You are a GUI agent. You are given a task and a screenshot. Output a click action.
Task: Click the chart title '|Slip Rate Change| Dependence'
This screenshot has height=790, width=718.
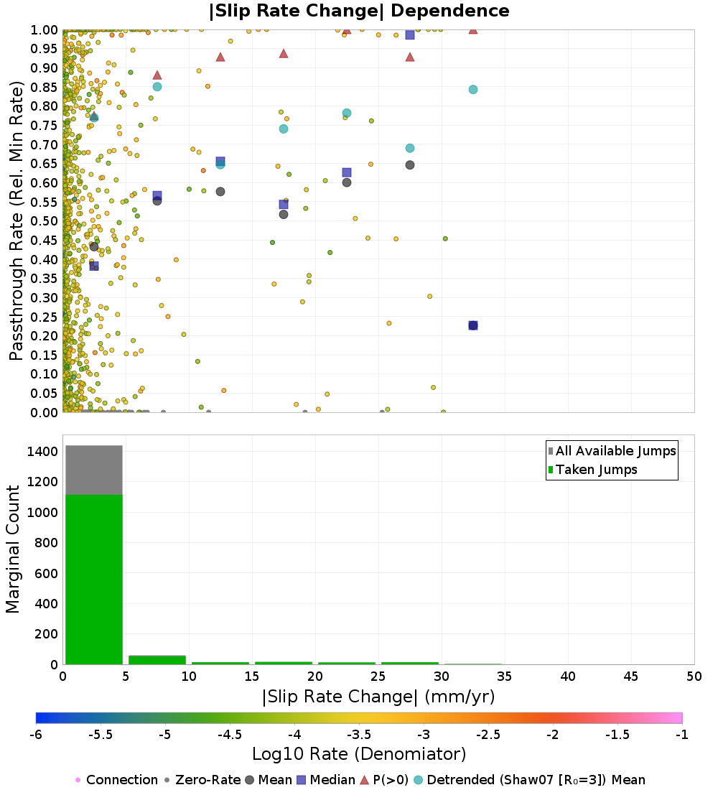[359, 11]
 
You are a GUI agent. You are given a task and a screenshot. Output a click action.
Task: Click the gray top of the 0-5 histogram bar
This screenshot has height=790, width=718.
[94, 470]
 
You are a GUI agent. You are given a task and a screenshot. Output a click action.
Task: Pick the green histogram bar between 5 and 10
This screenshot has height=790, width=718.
[157, 660]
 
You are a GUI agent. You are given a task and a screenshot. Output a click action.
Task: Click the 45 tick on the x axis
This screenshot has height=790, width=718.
[631, 676]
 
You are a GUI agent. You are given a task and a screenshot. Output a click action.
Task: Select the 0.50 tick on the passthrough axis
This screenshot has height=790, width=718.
[45, 221]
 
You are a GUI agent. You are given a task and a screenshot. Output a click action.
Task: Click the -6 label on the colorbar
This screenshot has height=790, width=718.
[36, 734]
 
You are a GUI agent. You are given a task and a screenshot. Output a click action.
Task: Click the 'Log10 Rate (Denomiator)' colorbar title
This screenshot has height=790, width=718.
[359, 754]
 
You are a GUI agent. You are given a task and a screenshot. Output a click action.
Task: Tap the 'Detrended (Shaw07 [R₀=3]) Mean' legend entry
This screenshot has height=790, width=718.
[536, 780]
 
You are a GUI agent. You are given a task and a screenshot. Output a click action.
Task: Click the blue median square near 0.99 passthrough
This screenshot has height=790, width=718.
[410, 34]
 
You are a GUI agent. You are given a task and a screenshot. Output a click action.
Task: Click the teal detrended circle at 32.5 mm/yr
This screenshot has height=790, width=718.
[473, 90]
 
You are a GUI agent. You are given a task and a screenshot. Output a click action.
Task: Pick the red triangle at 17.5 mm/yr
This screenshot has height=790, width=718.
[284, 54]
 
